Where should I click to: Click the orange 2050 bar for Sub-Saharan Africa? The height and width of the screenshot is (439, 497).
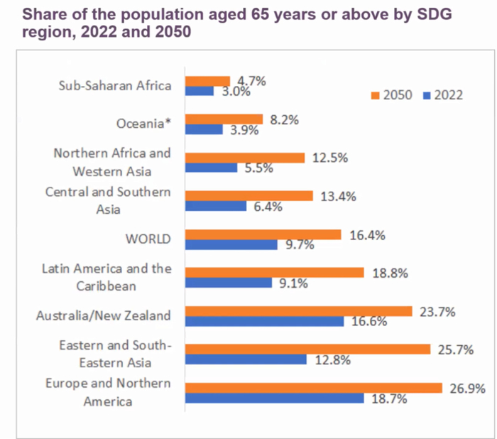[x=207, y=81]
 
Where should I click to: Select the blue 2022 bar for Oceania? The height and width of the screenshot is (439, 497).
[x=204, y=129]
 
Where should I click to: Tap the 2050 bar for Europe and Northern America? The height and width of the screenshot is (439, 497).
[x=307, y=387]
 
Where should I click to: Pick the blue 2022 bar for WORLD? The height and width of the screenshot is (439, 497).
[x=231, y=244]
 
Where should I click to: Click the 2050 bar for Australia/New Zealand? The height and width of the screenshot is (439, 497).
[x=298, y=311]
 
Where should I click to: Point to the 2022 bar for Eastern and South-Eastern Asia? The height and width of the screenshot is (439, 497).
[x=246, y=359]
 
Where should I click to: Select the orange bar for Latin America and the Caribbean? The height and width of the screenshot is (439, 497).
[x=274, y=273]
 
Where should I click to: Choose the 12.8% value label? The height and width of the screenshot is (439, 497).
[x=332, y=360]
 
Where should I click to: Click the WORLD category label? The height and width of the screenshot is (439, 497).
[x=148, y=239]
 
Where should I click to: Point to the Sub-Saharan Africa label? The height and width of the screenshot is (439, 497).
[x=115, y=86]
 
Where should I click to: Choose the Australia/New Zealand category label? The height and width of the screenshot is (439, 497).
[x=104, y=315]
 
